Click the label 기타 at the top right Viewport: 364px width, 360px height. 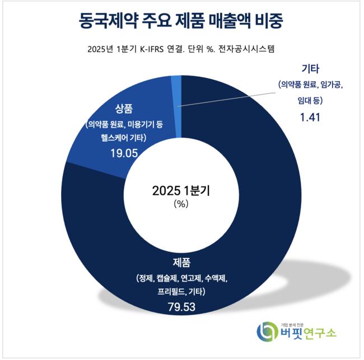pyautogui.click(x=310, y=69)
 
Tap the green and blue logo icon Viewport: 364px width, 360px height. pyautogui.click(x=266, y=331)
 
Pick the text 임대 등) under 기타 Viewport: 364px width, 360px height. pyautogui.click(x=310, y=101)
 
